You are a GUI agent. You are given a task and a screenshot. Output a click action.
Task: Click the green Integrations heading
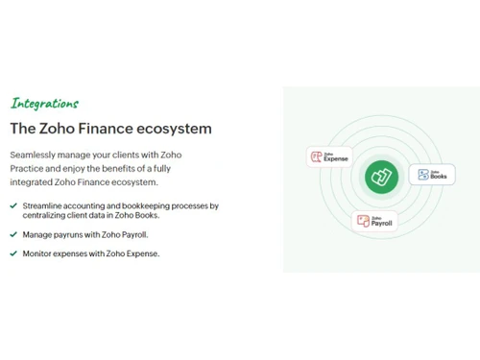[x=44, y=103]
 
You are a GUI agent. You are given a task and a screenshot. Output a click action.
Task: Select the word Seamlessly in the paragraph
[x=36, y=155]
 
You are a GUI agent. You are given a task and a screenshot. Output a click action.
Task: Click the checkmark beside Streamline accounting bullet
[x=13, y=205]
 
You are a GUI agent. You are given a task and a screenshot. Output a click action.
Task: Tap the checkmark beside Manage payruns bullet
[x=13, y=234]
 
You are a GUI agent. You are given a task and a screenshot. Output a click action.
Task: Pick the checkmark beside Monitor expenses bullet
[x=13, y=253]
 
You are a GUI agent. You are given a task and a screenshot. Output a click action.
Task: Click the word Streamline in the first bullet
[x=45, y=205]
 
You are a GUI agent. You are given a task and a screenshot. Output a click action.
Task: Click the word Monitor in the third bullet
[x=39, y=253]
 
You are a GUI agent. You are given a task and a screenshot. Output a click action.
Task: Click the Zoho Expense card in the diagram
[x=328, y=156]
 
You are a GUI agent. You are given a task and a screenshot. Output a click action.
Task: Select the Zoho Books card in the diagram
[x=431, y=175]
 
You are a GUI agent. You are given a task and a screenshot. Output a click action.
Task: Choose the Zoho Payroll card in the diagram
[x=374, y=221]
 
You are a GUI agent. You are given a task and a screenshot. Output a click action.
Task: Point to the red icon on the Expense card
[x=316, y=156]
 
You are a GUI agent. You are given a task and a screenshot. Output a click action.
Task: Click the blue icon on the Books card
[x=421, y=175]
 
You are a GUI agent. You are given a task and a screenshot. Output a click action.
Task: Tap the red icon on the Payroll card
[x=363, y=221]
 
